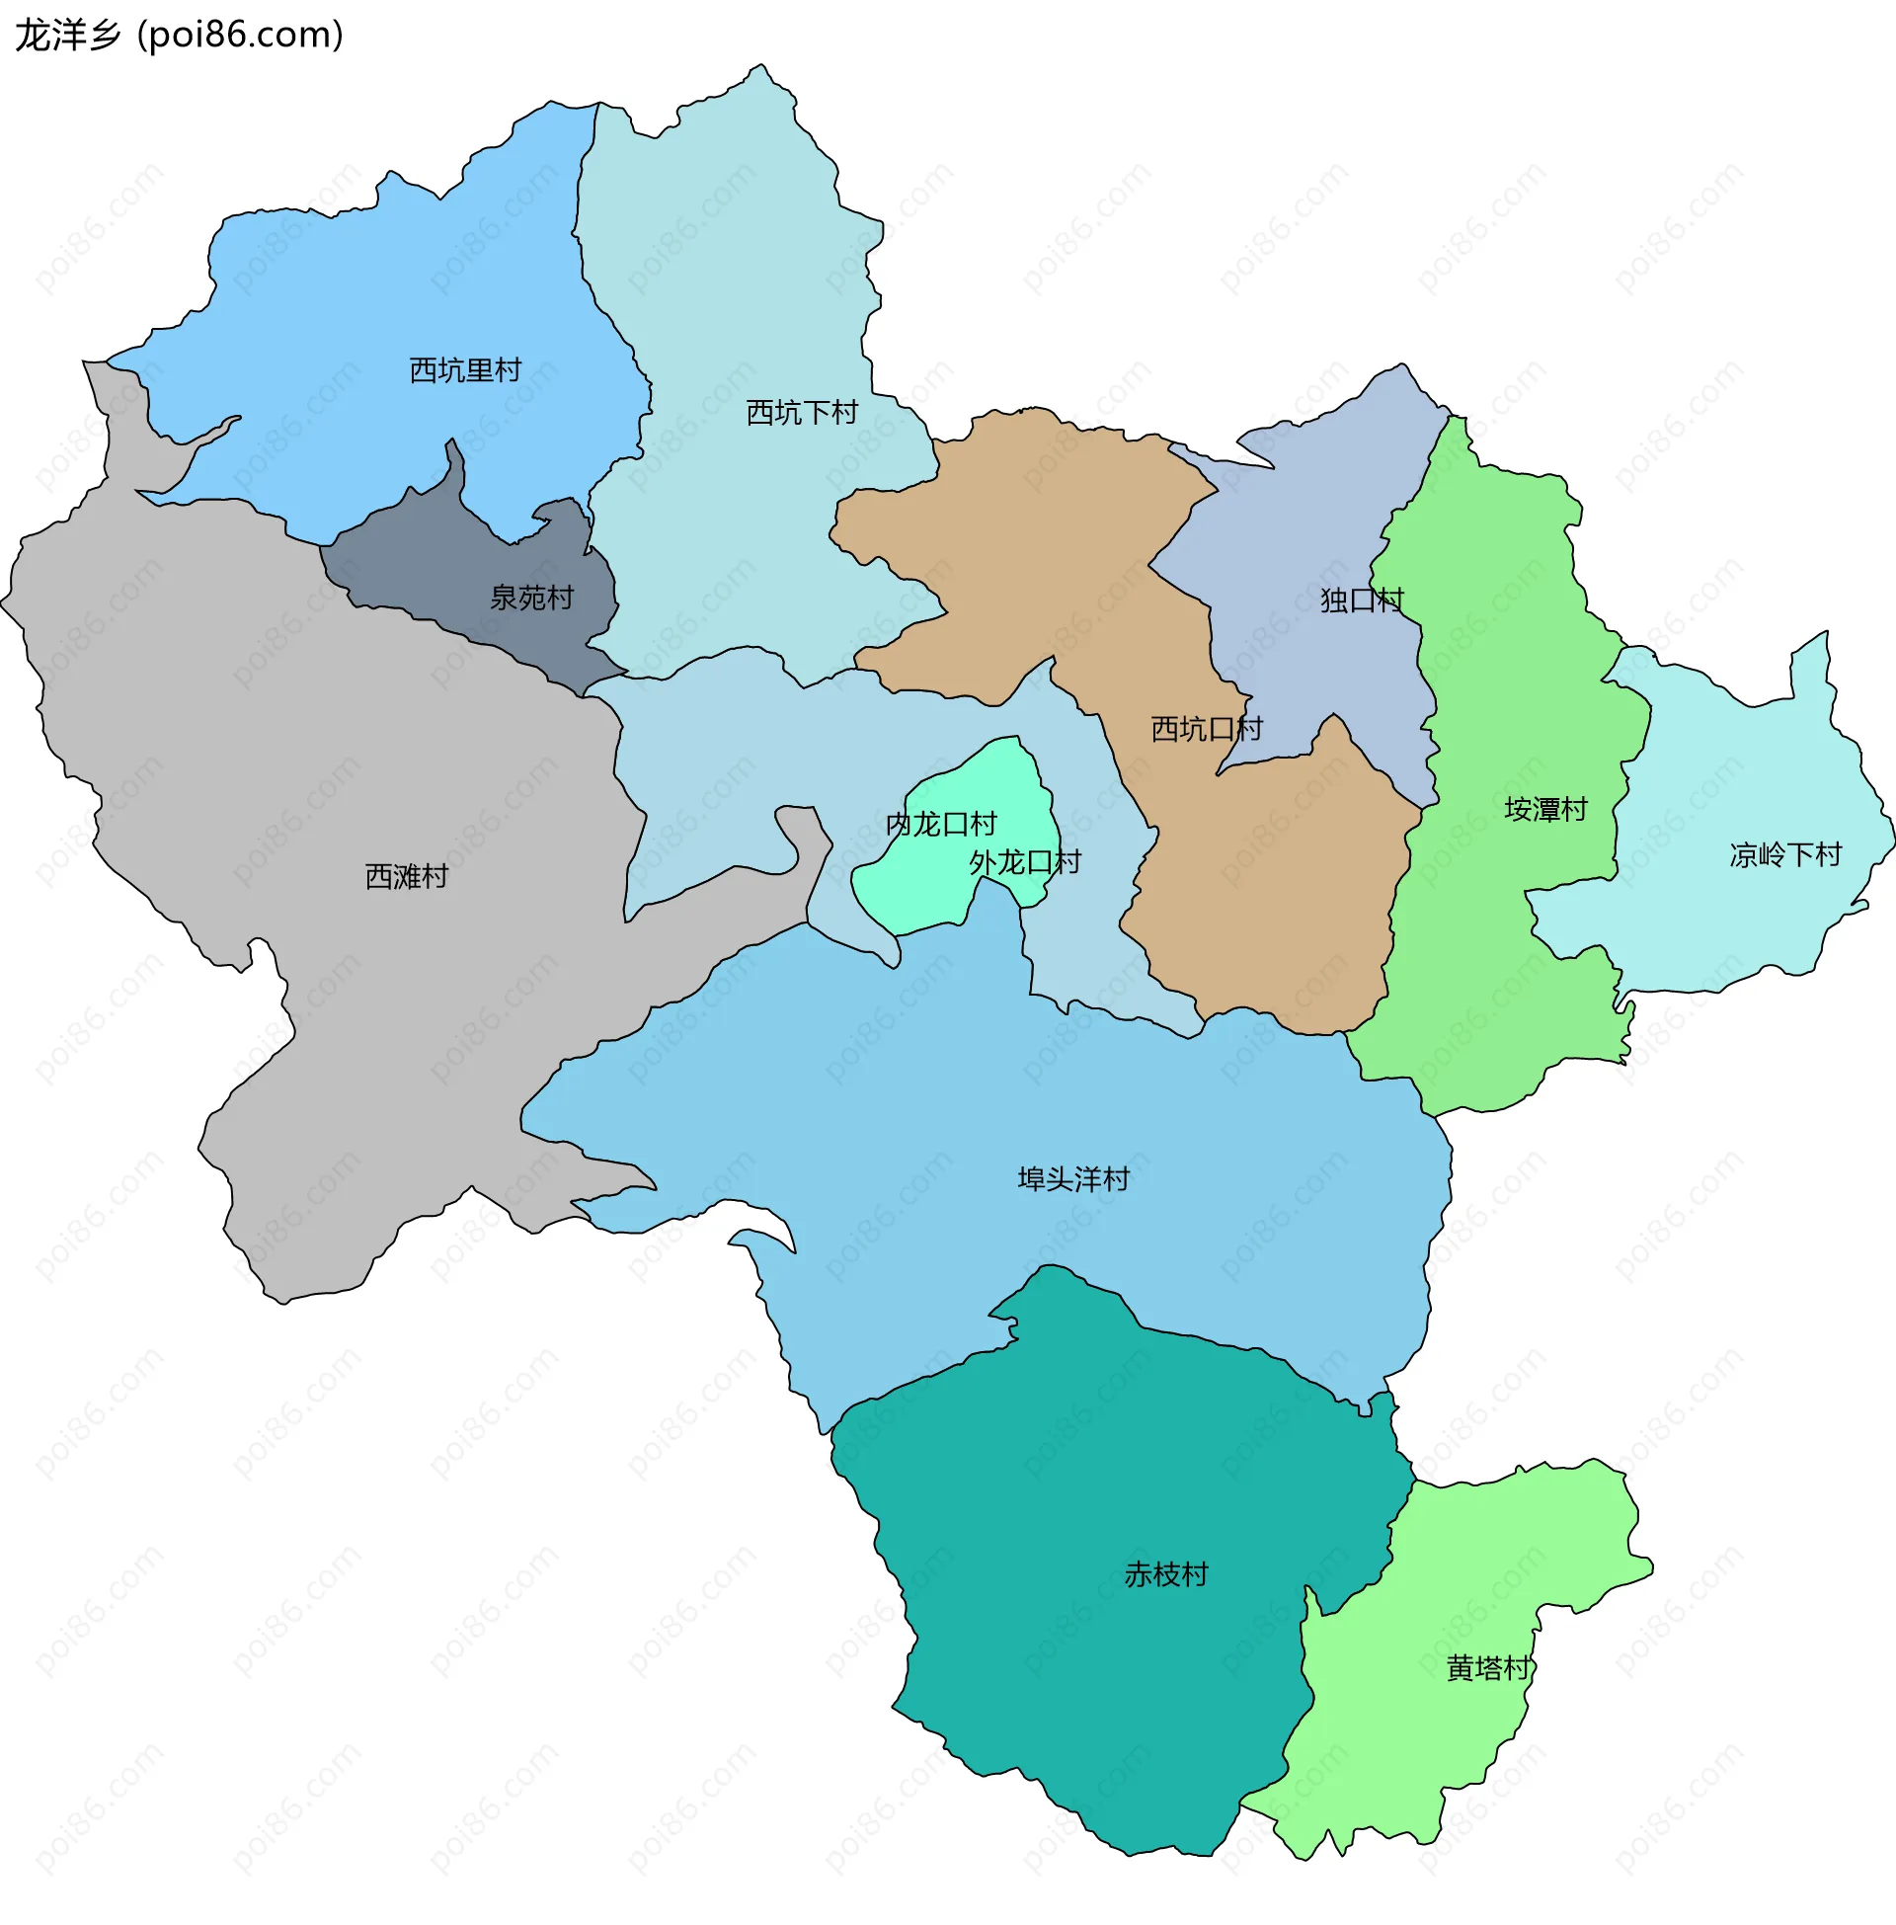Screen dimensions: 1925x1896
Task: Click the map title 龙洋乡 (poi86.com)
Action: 180,36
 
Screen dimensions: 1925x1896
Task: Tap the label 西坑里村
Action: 465,370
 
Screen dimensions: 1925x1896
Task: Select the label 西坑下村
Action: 802,412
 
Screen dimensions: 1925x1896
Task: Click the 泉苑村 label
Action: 531,598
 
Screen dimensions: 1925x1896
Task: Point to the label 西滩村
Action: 406,876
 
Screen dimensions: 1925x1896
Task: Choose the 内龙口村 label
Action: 940,825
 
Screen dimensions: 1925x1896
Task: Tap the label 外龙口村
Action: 1025,862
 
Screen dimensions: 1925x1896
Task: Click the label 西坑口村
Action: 1206,729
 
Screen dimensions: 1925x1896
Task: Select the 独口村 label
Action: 1361,601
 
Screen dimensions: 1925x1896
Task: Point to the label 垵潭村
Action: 1544,810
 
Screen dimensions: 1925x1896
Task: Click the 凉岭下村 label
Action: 1784,854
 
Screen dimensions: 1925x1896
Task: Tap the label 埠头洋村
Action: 1072,1179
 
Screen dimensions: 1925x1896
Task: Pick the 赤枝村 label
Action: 1165,1574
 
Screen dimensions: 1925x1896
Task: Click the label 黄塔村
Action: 1488,1668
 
